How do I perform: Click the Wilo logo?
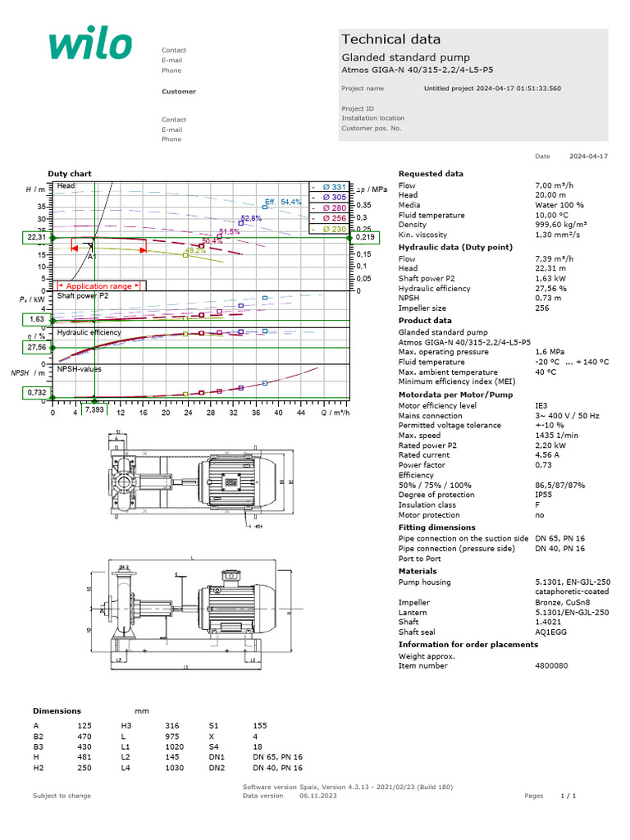[89, 45]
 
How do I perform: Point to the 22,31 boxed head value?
[36, 238]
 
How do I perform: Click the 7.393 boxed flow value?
[94, 409]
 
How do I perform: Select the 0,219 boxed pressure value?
[365, 238]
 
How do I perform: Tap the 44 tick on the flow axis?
[300, 413]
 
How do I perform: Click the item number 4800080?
[550, 666]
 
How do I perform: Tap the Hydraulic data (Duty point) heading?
[455, 247]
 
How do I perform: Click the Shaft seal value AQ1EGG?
[550, 632]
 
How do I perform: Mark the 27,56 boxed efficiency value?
[36, 348]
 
